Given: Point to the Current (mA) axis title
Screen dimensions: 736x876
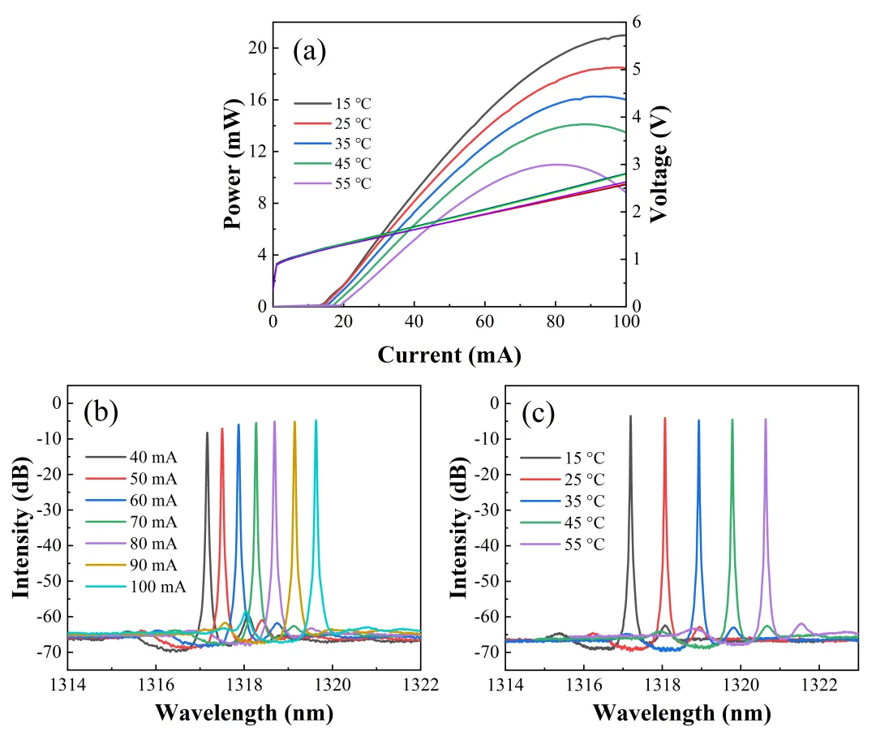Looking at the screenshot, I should (x=449, y=355).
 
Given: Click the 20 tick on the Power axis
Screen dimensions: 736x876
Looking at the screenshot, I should (x=257, y=48).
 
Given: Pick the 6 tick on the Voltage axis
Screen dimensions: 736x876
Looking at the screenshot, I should (x=638, y=23).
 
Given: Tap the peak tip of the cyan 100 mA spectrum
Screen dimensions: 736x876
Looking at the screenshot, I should (x=316, y=420).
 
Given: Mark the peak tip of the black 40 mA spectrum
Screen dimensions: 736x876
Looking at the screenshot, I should (x=207, y=433).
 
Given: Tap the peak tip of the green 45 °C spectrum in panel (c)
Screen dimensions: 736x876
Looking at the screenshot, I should (x=732, y=420).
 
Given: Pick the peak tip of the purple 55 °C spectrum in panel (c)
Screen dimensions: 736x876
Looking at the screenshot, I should (x=765, y=420).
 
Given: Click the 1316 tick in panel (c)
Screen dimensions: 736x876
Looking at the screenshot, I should (x=584, y=685).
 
